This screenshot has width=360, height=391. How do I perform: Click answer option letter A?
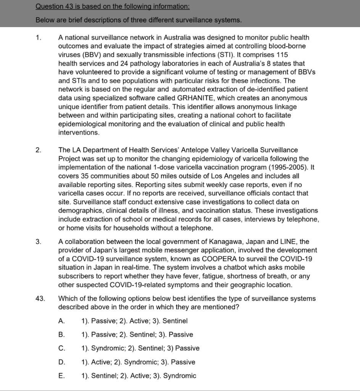(61, 321)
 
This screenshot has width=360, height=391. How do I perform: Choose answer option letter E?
(61, 376)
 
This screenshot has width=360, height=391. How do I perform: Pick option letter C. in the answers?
(62, 348)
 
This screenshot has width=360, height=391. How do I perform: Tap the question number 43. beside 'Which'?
(40, 299)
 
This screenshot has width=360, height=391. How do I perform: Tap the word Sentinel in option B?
(142, 334)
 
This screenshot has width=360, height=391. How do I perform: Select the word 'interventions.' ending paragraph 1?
(79, 132)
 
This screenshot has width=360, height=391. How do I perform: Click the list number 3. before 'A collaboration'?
(38, 242)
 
